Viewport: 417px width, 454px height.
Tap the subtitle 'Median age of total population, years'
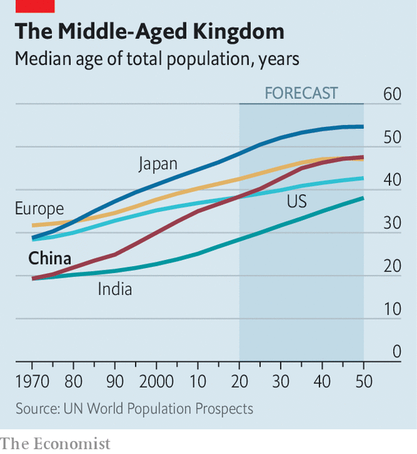coord(157,60)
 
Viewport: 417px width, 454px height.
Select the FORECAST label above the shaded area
coord(302,93)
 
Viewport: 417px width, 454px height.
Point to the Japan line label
coord(158,164)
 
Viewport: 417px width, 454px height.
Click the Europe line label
coord(39,208)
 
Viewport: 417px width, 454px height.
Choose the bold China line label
coord(49,259)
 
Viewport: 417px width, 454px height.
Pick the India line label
coord(115,289)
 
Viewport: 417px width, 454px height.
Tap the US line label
coord(297,201)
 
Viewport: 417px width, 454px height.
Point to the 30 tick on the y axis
coord(392,223)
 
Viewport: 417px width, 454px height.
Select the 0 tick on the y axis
coord(396,352)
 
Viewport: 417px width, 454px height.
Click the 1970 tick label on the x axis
coord(32,381)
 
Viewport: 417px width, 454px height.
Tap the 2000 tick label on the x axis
coord(156,381)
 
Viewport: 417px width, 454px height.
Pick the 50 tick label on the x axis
coord(364,381)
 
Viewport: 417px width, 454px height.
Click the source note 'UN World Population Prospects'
coord(134,409)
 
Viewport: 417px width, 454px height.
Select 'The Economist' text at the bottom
coord(55,443)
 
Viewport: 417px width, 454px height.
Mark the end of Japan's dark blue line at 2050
coord(363,126)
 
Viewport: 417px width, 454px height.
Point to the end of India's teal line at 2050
coord(363,198)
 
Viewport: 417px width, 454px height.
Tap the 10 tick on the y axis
coord(392,309)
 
